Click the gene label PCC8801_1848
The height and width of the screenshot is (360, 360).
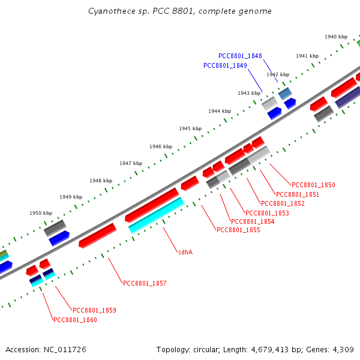pyautogui.click(x=240, y=56)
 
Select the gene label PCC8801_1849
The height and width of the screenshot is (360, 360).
pyautogui.click(x=225, y=65)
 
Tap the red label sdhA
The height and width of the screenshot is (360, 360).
pyautogui.click(x=185, y=252)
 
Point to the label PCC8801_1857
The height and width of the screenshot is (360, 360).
pyautogui.click(x=145, y=283)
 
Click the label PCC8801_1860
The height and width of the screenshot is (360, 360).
pyautogui.click(x=75, y=320)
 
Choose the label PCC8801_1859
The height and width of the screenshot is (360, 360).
pyautogui.click(x=94, y=310)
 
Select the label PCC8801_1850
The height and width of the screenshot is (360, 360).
pyautogui.click(x=313, y=185)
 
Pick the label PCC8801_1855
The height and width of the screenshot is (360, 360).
pyautogui.click(x=238, y=230)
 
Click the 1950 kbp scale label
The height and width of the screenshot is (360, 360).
pyautogui.click(x=41, y=213)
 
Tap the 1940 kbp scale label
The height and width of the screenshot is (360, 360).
pyautogui.click(x=336, y=37)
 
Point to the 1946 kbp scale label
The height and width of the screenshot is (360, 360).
pyautogui.click(x=161, y=146)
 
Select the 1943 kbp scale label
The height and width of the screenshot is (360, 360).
pyautogui.click(x=249, y=93)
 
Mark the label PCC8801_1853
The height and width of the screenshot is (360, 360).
pyautogui.click(x=267, y=213)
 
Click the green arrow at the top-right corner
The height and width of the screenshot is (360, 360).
pyautogui.click(x=358, y=43)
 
